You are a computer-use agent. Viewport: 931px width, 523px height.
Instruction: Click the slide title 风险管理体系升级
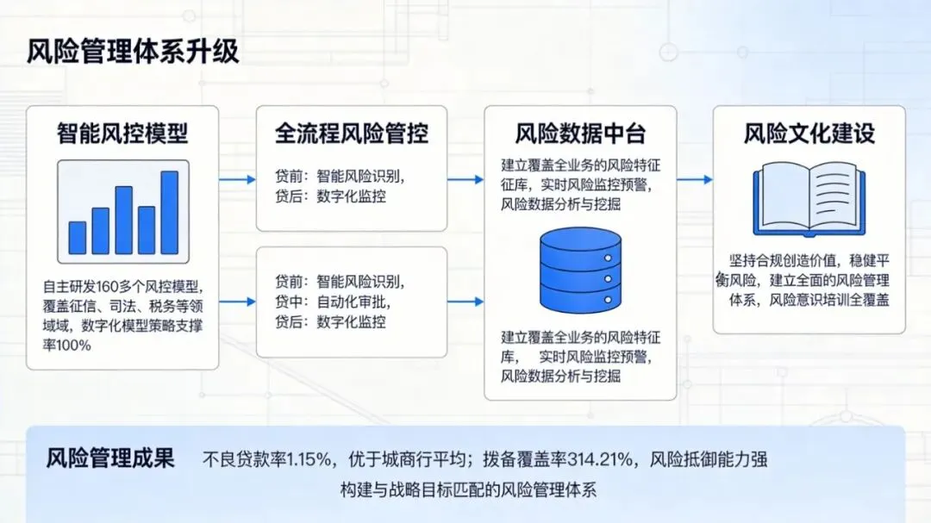(133, 52)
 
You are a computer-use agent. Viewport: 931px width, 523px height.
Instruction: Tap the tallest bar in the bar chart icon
(169, 212)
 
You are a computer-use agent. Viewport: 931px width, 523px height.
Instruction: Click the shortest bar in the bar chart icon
(78, 237)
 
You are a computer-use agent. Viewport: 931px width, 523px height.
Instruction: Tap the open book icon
(809, 202)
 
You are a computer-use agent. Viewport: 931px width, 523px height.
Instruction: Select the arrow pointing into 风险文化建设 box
(694, 179)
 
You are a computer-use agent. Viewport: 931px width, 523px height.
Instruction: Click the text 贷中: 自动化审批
(331, 302)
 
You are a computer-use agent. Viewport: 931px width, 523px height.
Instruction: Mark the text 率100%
(67, 346)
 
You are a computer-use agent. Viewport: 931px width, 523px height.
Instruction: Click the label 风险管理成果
(110, 458)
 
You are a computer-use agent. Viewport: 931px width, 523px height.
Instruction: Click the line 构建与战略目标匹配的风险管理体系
(468, 489)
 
